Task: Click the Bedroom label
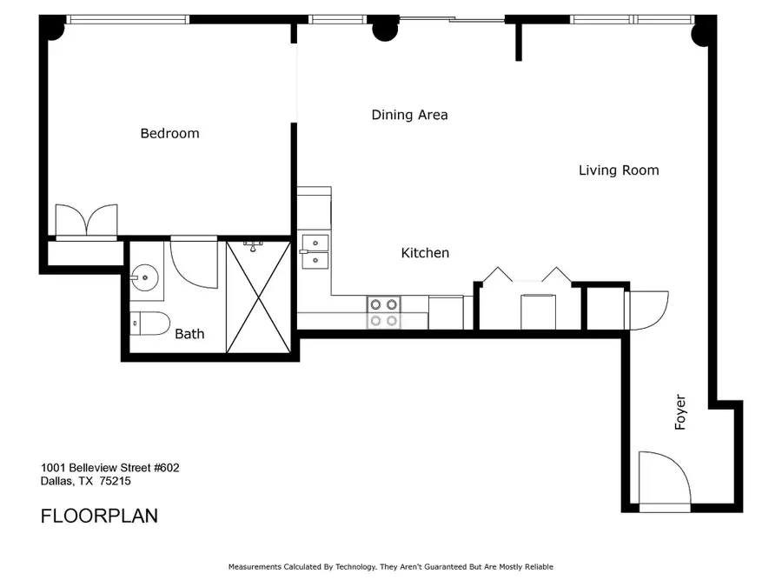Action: pos(169,133)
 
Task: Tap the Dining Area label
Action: pos(409,115)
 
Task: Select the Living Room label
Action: pos(619,170)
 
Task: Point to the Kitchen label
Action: pos(425,253)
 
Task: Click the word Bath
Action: pos(189,333)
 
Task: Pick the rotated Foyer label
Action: pos(680,412)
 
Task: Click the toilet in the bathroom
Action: pos(150,324)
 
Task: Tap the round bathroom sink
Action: pos(144,277)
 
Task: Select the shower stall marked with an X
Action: pos(258,297)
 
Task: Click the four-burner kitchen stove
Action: pos(383,312)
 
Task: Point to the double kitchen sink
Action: pos(315,251)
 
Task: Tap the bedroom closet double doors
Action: pos(86,220)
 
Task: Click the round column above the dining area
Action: pos(385,30)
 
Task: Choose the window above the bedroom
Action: pos(128,19)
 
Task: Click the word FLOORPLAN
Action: pos(99,516)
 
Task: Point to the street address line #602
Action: pos(109,468)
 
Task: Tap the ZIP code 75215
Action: pos(116,481)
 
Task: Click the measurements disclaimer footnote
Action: pos(390,567)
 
